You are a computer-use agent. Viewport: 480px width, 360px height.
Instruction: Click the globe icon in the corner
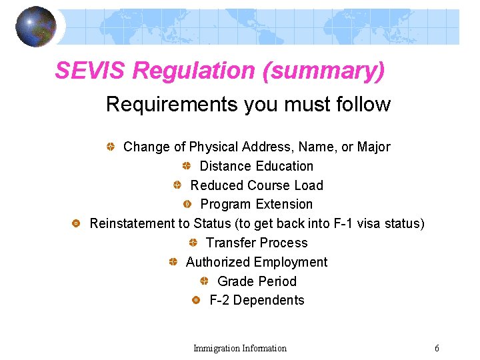click(36, 27)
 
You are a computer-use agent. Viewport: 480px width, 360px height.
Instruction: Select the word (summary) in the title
click(324, 71)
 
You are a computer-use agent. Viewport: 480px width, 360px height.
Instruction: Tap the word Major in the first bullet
click(374, 147)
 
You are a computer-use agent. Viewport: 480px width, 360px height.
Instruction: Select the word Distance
click(225, 166)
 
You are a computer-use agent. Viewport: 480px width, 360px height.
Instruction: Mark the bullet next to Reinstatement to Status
click(76, 223)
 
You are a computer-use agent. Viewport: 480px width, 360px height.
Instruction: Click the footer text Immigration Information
click(240, 348)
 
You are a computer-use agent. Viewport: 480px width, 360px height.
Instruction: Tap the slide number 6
click(437, 348)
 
